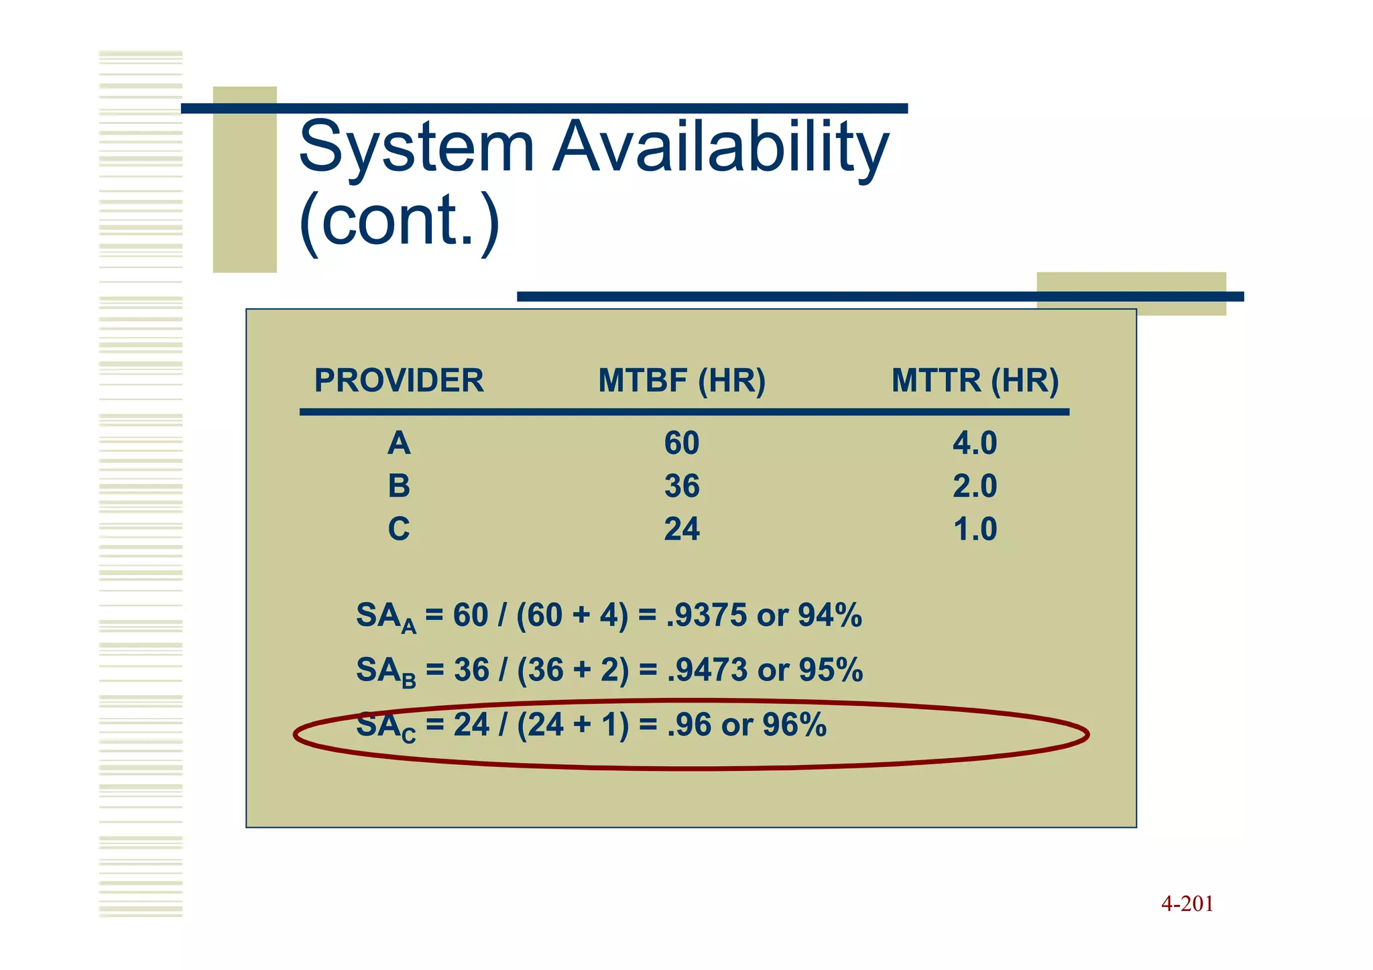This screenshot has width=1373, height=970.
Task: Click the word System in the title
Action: click(x=416, y=147)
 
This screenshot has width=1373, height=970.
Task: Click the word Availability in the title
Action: click(x=721, y=147)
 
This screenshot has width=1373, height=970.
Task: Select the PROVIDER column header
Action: click(x=399, y=381)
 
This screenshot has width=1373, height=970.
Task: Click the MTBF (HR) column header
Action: click(x=682, y=381)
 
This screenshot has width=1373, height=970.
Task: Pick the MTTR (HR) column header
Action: click(x=975, y=381)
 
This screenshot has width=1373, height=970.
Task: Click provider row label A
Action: click(x=399, y=444)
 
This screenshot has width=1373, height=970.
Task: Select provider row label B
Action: click(x=399, y=486)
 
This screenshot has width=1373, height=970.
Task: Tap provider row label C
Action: click(x=399, y=530)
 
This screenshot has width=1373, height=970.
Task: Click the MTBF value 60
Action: click(x=682, y=444)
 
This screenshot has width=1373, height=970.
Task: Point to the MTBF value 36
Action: click(x=682, y=486)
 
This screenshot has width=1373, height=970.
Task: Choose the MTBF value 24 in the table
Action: click(x=682, y=530)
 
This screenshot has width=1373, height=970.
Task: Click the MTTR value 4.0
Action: click(x=975, y=444)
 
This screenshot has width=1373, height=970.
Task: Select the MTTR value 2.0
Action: click(x=975, y=486)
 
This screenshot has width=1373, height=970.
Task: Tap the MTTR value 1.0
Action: click(x=975, y=530)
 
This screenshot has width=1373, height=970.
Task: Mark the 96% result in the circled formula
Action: click(x=794, y=725)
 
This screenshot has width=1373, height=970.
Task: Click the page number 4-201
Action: click(x=1187, y=904)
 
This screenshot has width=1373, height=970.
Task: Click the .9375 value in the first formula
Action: click(x=706, y=615)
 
